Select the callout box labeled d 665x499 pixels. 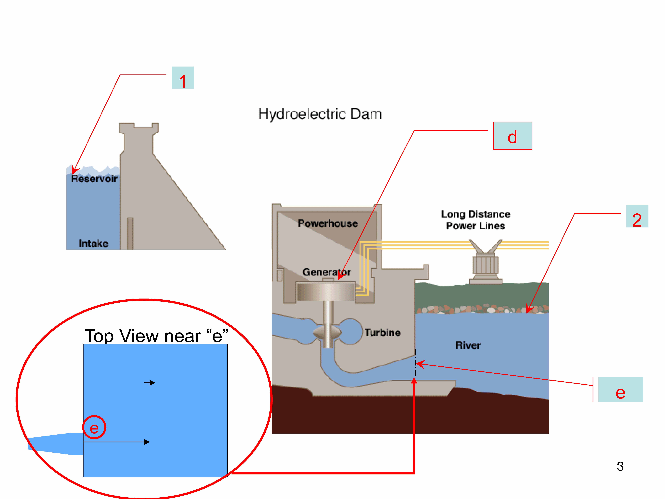(512, 136)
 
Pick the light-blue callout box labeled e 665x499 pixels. (620, 390)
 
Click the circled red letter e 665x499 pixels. (94, 427)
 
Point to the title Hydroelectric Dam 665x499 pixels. (320, 114)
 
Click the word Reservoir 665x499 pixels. (94, 179)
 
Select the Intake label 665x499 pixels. (93, 243)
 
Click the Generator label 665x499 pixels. (326, 272)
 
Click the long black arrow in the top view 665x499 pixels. (116, 442)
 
